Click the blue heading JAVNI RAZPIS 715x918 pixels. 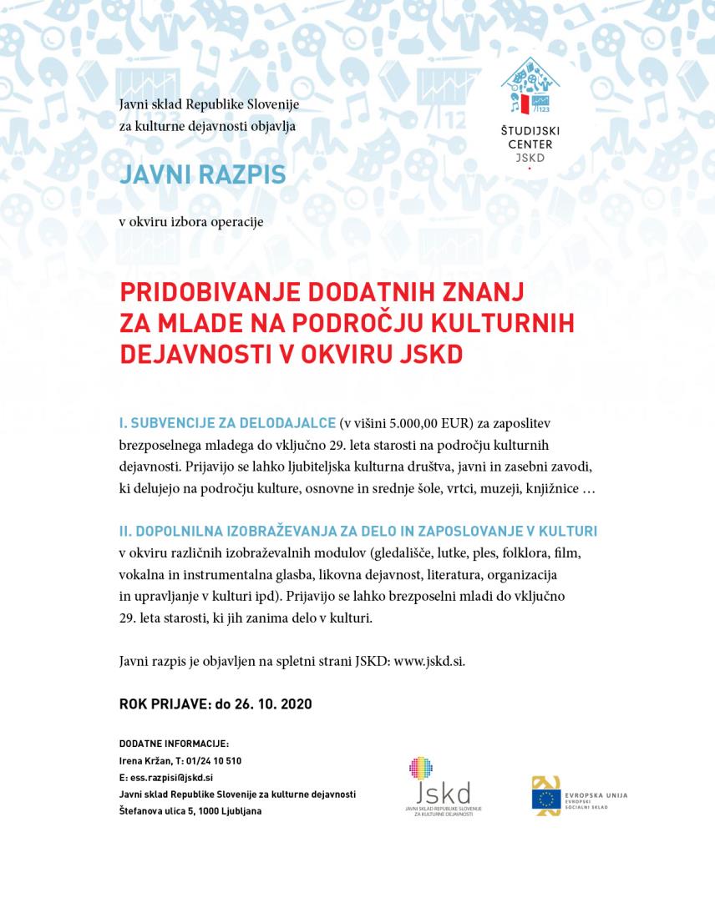202,174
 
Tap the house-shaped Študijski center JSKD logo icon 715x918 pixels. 530,87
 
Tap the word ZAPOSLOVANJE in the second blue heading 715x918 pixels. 462,531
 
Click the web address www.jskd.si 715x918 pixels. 428,661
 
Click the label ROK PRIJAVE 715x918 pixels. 165,704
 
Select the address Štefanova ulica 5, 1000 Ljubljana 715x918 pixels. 190,811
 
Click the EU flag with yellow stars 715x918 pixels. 546,799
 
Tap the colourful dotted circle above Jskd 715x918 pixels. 420,768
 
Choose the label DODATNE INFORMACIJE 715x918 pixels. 174,744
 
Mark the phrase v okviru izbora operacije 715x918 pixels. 191,222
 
